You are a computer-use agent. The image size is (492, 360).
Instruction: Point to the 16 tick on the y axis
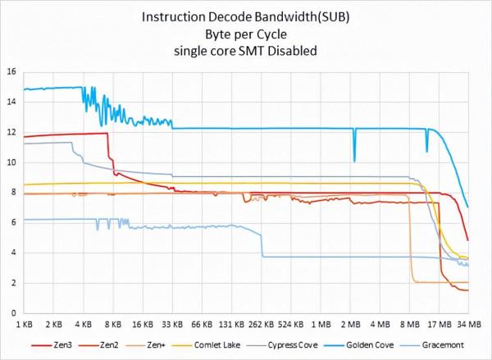[11, 72]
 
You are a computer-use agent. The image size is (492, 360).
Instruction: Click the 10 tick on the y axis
[11, 162]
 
